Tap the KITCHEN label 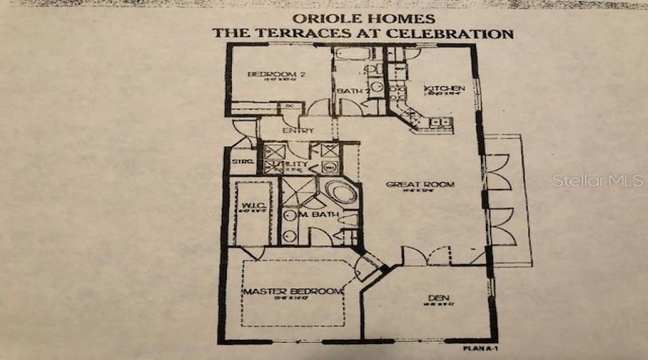(444, 88)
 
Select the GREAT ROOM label (420, 184)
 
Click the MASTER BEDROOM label (292, 291)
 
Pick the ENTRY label (297, 130)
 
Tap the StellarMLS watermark (598, 180)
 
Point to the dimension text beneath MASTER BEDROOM (292, 300)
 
